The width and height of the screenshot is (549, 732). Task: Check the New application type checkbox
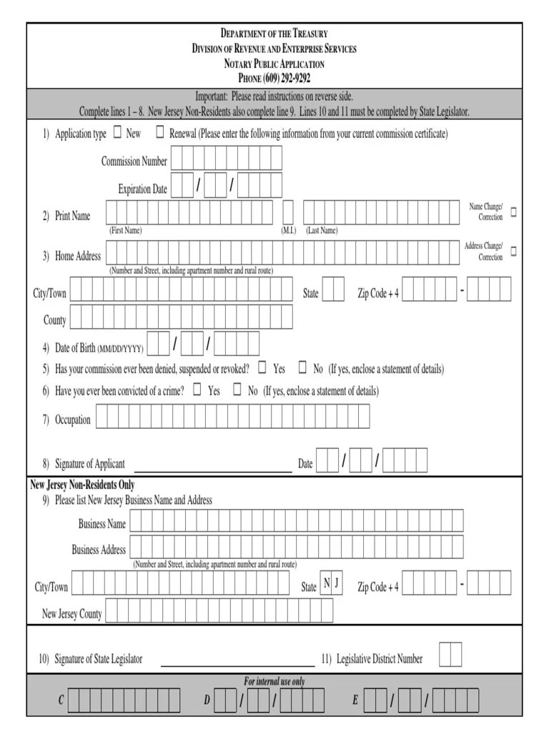click(118, 132)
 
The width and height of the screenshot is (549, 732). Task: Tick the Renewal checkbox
click(160, 132)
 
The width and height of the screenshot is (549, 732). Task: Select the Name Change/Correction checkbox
click(513, 212)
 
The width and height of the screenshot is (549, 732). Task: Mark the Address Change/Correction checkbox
click(513, 252)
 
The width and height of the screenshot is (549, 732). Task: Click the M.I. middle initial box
click(288, 213)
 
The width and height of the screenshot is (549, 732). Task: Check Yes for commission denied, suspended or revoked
click(262, 368)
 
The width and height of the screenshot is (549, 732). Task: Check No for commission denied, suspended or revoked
click(302, 368)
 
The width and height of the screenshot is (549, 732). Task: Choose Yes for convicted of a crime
click(197, 390)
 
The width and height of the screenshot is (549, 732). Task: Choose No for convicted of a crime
click(237, 390)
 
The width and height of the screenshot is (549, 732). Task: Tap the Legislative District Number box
click(450, 654)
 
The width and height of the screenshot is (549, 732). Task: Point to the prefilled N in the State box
click(326, 583)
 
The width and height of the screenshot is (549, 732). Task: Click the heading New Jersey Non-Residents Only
click(82, 485)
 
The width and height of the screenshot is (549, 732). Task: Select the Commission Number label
click(134, 161)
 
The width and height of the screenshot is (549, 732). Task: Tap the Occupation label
click(73, 420)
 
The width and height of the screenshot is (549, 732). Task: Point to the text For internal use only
click(274, 681)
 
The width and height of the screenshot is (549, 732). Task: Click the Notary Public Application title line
click(274, 64)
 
